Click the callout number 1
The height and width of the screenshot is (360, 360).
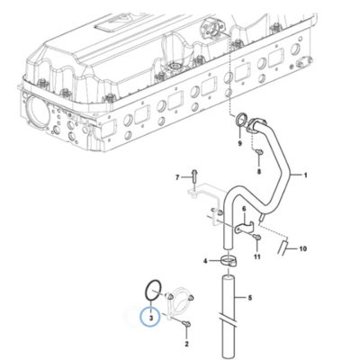(305, 175)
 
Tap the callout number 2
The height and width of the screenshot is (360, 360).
(186, 344)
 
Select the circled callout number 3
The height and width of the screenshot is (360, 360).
(151, 317)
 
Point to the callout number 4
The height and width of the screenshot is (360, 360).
(205, 261)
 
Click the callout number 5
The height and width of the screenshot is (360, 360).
(250, 298)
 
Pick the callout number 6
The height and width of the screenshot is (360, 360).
(244, 209)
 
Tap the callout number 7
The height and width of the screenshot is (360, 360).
(177, 177)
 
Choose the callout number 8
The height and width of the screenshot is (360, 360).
(259, 172)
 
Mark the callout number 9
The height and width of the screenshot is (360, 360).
(239, 143)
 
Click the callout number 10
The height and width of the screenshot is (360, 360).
(302, 248)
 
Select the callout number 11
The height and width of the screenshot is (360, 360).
(257, 256)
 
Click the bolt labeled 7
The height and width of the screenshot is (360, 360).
(194, 176)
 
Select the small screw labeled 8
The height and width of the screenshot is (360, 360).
(259, 153)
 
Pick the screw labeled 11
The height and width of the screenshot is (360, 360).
(256, 238)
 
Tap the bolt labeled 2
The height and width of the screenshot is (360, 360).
(186, 323)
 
